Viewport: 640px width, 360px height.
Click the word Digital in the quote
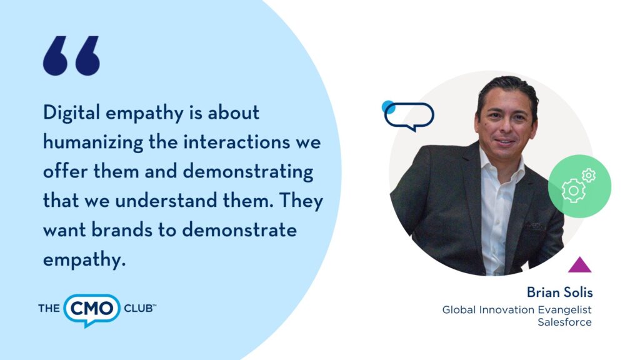(x=71, y=112)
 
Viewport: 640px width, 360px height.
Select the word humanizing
(x=93, y=142)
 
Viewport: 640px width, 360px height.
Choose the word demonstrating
(x=247, y=172)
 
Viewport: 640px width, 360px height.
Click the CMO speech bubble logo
(x=92, y=310)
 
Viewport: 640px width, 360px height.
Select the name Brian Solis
(x=559, y=292)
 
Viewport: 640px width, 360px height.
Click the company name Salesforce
(x=564, y=322)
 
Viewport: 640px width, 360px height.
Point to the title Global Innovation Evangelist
(x=517, y=310)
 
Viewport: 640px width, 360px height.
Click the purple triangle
(x=579, y=264)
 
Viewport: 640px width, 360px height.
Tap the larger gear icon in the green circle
(x=573, y=191)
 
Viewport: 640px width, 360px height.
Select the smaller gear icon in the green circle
(x=589, y=176)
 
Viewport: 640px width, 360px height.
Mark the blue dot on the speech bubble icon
(x=388, y=107)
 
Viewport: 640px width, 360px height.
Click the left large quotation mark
(x=55, y=56)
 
